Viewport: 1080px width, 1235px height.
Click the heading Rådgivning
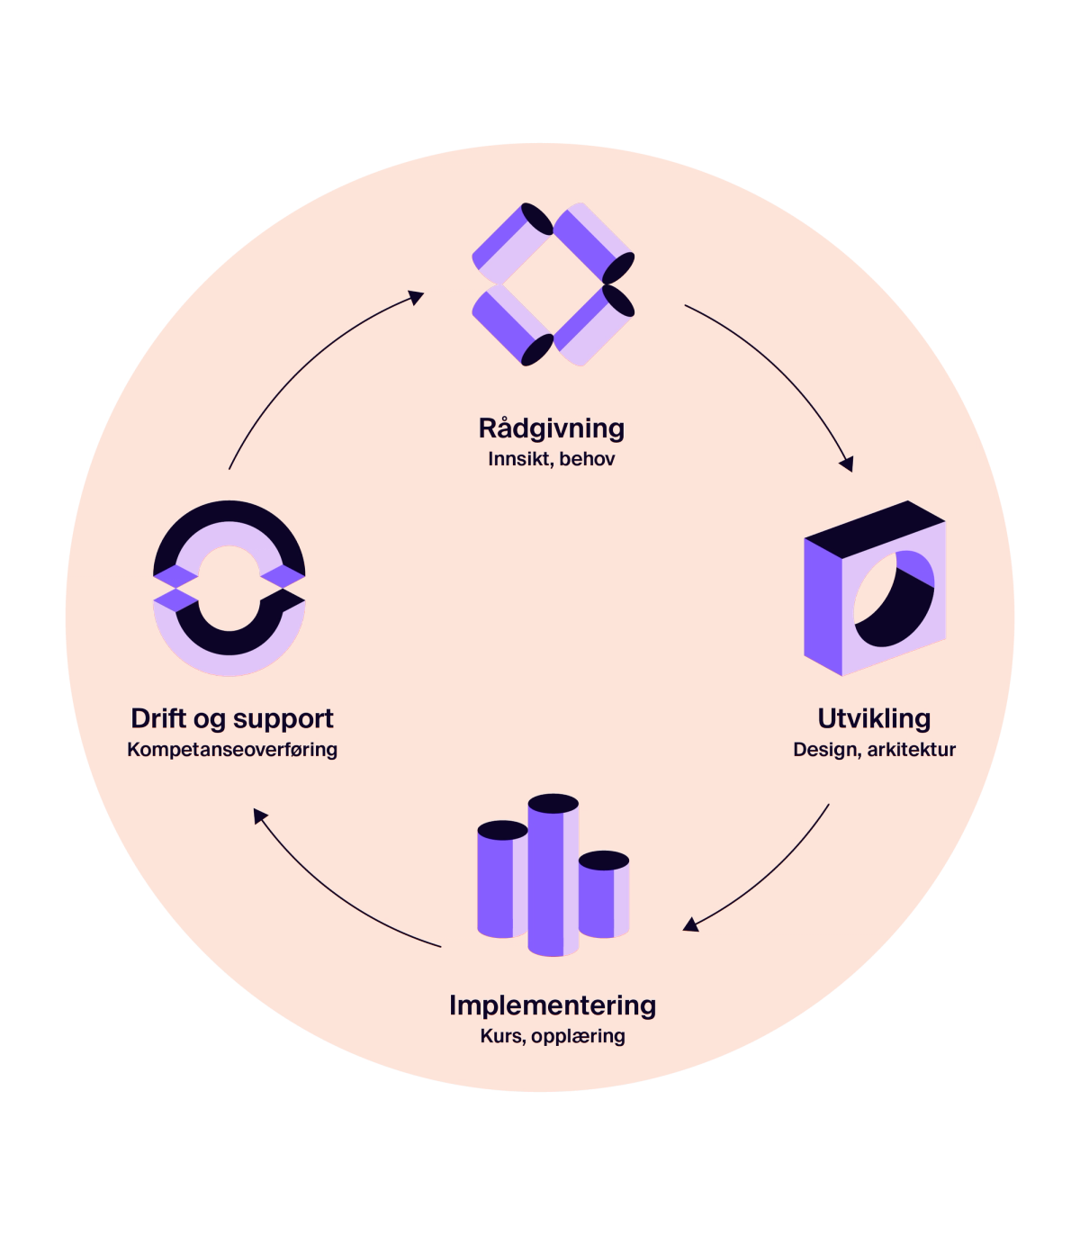551,428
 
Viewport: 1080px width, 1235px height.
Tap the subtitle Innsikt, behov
551,459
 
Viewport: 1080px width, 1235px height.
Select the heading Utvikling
873,718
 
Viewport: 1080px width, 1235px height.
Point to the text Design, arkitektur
874,749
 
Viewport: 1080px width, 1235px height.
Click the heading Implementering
552,1005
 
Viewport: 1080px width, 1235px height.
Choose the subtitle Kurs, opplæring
552,1036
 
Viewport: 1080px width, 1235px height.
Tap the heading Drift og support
232,718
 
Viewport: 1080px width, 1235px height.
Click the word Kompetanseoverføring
232,749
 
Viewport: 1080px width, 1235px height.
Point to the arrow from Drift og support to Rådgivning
306,360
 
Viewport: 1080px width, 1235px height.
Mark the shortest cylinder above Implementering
603,896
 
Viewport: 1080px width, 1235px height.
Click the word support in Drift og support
283,718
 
